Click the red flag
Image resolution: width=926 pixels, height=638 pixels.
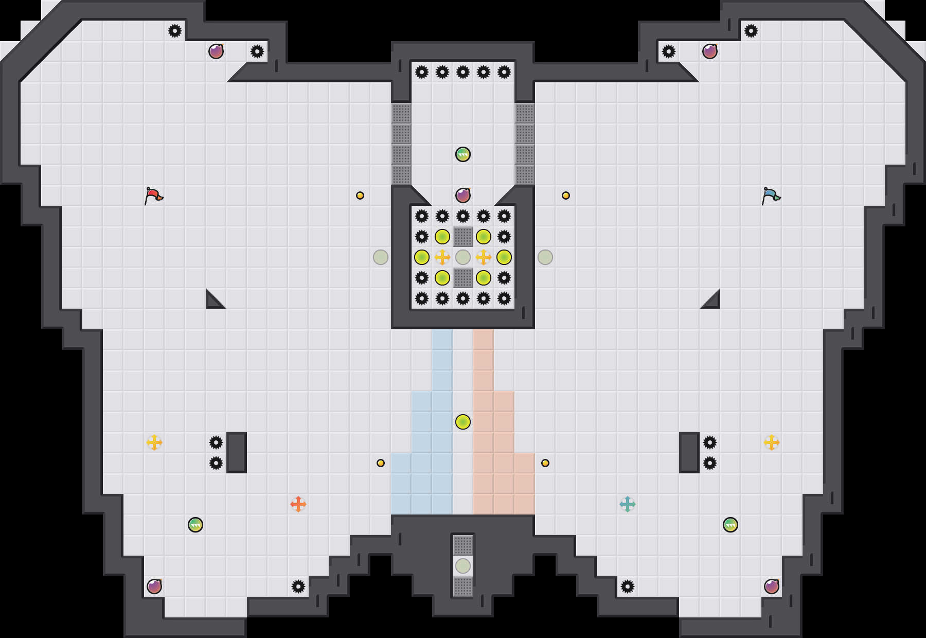[x=153, y=196]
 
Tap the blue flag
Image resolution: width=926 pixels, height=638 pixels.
[x=771, y=196]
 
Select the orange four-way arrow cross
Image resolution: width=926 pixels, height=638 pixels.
[x=298, y=504]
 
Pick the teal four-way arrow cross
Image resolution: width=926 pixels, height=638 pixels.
[x=628, y=504]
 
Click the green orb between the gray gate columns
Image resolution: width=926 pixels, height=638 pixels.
[x=463, y=154]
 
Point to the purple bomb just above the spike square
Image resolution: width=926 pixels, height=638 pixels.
[x=463, y=196]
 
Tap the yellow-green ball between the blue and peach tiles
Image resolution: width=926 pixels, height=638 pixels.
[x=463, y=422]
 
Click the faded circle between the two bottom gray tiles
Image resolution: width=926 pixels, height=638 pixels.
[x=463, y=566]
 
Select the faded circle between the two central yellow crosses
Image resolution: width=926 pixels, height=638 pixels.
[x=463, y=257]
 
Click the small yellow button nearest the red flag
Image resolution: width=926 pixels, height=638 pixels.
[x=360, y=196]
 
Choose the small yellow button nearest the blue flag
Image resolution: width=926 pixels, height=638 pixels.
[x=566, y=196]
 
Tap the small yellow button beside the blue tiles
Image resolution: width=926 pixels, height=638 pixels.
[x=381, y=463]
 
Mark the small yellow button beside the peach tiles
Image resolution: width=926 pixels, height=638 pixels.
[x=545, y=463]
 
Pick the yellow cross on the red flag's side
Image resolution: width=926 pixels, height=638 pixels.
[x=154, y=442]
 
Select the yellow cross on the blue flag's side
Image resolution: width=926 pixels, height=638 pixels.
[x=772, y=442]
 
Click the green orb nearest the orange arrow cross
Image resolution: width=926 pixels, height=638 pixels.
[x=195, y=525]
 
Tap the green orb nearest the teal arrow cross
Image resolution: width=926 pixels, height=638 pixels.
[x=731, y=525]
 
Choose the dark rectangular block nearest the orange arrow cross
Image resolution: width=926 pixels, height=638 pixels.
[x=237, y=453]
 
